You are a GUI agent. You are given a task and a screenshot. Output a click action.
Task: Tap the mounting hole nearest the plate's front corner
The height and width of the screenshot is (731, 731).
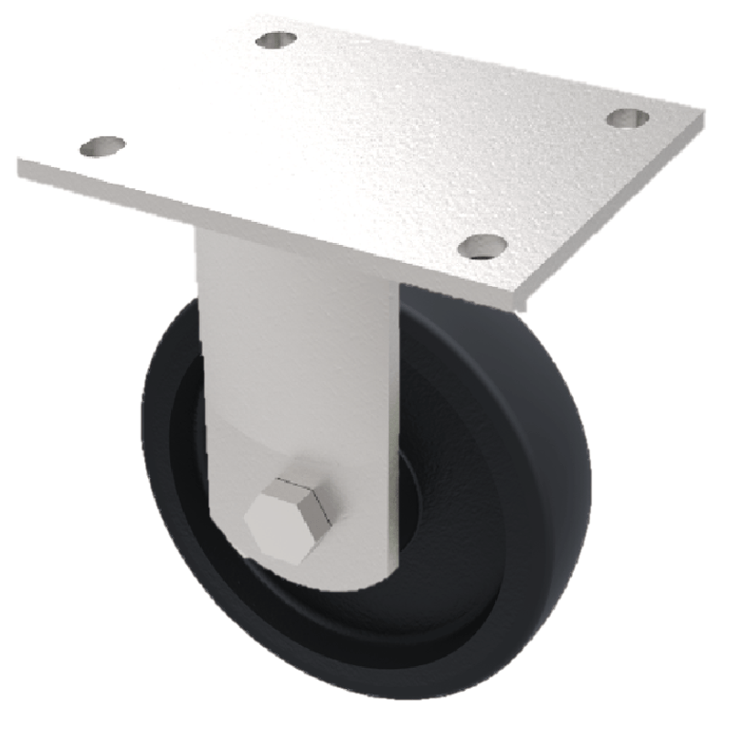click(482, 245)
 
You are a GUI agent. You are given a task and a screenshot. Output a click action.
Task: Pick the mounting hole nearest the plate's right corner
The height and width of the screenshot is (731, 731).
click(628, 118)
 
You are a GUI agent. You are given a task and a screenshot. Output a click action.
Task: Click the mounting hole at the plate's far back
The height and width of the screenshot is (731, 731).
click(276, 40)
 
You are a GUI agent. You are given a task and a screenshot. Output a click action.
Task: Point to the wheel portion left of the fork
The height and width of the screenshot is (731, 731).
click(169, 429)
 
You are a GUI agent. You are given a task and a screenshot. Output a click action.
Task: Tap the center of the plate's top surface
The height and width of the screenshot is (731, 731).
click(365, 137)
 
